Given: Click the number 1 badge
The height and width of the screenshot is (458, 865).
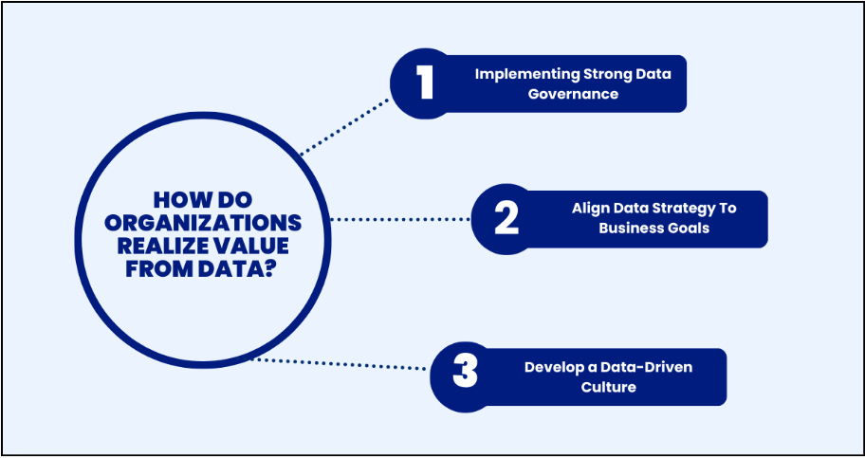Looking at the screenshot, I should [x=424, y=83].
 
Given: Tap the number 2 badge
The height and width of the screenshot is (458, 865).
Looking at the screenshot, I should [x=506, y=219].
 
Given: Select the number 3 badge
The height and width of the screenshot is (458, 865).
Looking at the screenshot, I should [x=465, y=372].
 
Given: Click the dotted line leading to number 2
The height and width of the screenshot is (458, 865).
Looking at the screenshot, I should [x=400, y=219].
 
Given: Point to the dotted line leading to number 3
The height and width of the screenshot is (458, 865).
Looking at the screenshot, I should [x=341, y=364].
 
